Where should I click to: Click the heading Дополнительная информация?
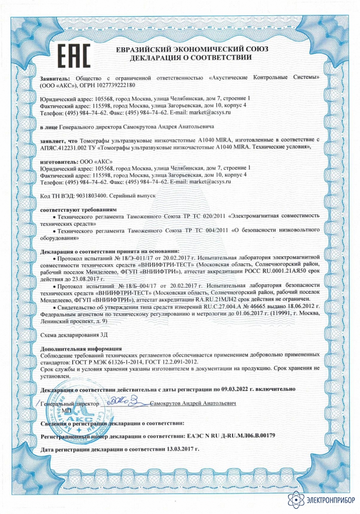pyautogui.click(x=71, y=348)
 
